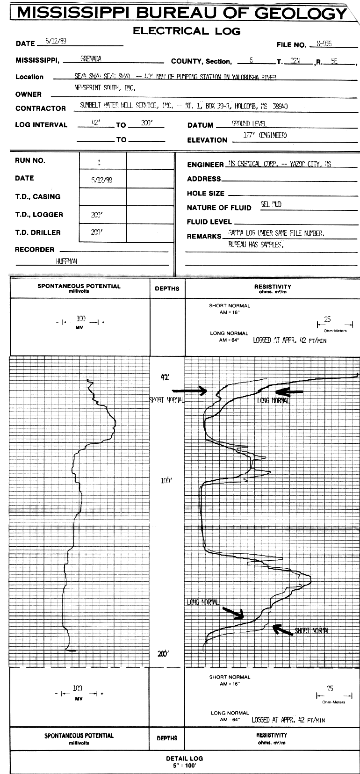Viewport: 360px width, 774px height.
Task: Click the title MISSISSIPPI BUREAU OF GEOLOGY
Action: click(182, 13)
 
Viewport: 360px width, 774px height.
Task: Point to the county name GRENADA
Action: click(91, 59)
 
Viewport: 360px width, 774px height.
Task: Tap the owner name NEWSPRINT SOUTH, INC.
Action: click(105, 87)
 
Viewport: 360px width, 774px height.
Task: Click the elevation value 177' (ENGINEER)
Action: click(265, 136)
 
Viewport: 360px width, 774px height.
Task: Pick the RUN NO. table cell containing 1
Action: click(99, 163)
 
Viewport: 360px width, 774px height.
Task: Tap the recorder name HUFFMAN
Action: click(67, 261)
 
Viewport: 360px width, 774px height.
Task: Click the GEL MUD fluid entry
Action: click(271, 204)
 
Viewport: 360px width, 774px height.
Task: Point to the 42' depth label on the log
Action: click(164, 376)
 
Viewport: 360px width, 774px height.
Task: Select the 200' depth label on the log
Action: click(163, 654)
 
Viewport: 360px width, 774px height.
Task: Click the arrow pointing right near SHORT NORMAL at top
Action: click(190, 391)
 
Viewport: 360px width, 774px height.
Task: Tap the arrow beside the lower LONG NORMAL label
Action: click(233, 612)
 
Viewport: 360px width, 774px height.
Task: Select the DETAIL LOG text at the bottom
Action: click(184, 759)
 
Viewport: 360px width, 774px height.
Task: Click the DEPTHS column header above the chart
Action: click(167, 289)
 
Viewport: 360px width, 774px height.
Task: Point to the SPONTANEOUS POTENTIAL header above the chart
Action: click(79, 286)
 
